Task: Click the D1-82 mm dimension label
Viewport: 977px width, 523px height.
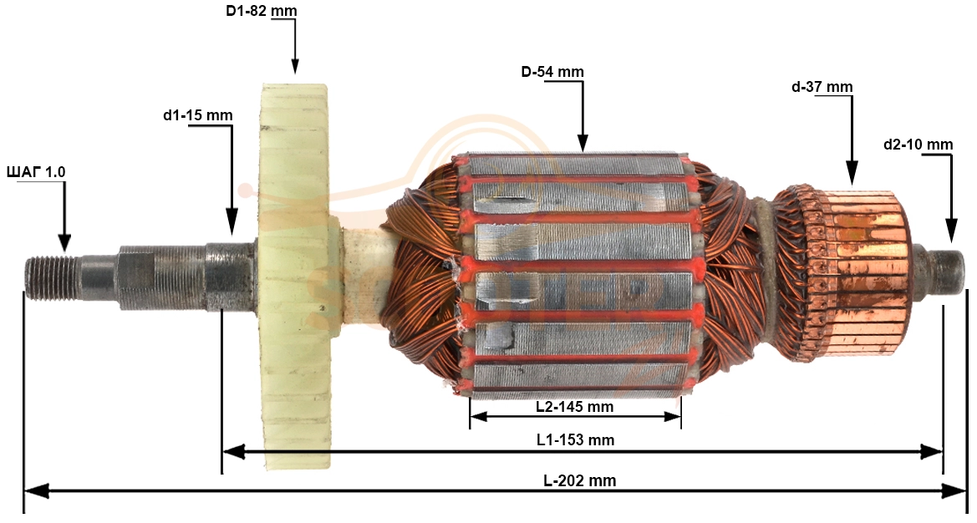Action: pos(261,11)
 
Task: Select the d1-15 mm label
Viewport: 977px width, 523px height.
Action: pos(197,115)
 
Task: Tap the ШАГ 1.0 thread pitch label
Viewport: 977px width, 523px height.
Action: pos(35,172)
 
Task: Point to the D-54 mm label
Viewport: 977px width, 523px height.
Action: pos(552,72)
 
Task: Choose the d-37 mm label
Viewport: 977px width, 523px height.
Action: pos(822,87)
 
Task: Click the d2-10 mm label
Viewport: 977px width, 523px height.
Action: pos(918,145)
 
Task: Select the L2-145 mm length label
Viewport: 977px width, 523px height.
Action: pos(574,407)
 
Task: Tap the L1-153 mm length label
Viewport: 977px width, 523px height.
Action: pos(576,439)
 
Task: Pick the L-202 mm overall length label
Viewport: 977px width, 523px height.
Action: pos(579,480)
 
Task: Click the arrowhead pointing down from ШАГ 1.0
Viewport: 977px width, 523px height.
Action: pos(64,243)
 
